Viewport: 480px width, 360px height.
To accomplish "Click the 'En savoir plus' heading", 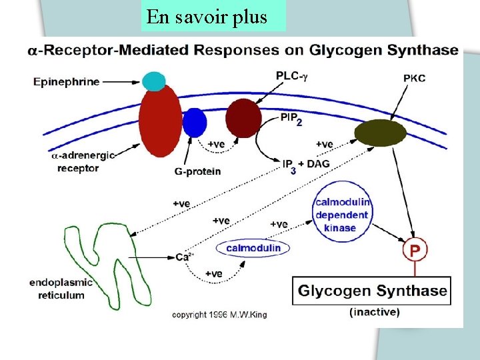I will tap(207, 17).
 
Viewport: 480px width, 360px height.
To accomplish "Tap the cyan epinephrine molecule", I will tap(153, 81).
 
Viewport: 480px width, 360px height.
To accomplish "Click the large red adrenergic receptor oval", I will tap(160, 120).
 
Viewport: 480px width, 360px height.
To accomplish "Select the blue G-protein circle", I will tap(195, 122).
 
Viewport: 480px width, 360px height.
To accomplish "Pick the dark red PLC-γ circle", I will tap(243, 118).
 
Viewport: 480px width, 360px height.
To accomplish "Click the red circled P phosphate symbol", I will tap(415, 251).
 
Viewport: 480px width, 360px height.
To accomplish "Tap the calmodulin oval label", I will tap(253, 249).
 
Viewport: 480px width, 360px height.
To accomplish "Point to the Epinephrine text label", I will tap(67, 82).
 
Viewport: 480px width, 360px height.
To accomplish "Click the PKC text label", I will tap(414, 78).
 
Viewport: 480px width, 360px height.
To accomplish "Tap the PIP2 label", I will tap(291, 119).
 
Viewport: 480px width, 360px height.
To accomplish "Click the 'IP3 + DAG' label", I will tap(306, 165).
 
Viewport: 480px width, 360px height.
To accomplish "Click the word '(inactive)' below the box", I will tap(375, 311).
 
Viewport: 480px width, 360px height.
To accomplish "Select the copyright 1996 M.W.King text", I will tap(219, 314).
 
